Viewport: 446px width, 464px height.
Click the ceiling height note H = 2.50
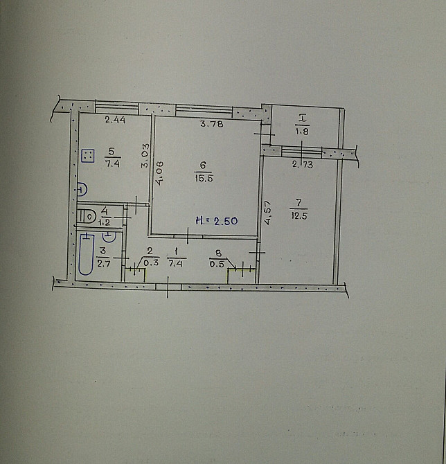217,221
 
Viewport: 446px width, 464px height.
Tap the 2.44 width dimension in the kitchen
115,120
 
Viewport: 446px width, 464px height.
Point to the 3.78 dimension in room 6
212,123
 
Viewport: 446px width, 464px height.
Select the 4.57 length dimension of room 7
267,213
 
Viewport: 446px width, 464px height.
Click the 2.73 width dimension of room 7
303,164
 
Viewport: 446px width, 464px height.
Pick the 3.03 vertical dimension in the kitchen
145,156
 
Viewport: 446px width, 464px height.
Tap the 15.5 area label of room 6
204,179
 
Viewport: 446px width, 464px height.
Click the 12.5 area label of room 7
299,215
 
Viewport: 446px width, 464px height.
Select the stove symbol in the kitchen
88,156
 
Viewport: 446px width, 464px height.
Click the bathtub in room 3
87,254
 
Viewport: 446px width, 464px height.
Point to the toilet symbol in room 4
87,216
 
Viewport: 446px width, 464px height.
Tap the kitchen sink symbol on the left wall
82,189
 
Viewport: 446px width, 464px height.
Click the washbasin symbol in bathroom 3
109,237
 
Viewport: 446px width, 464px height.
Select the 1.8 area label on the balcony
302,132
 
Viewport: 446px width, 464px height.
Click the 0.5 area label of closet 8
217,264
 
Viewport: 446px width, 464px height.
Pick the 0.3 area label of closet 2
151,262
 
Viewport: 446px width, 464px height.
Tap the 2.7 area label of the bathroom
104,264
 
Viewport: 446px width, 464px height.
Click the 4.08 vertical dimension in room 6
159,173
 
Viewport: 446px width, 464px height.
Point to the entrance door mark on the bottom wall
168,287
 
